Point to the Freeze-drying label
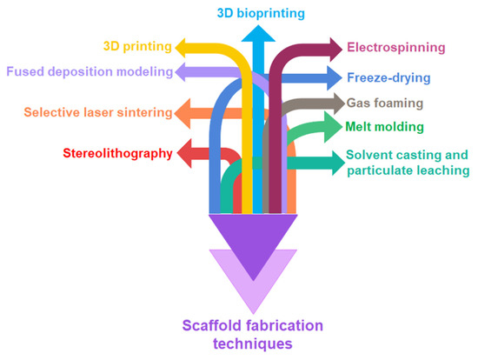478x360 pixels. [388, 77]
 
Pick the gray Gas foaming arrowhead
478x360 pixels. [335, 103]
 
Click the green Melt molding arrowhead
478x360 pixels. [334, 127]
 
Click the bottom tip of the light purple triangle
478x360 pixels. [254, 312]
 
